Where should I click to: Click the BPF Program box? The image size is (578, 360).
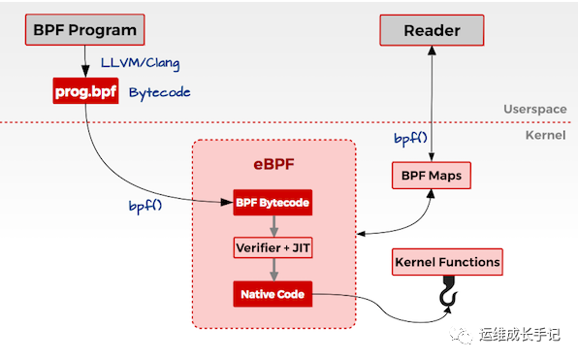84,30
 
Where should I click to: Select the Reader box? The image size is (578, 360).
432,30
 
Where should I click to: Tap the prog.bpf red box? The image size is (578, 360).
84,92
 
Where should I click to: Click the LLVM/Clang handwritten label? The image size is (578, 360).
141,64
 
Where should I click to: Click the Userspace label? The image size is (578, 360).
534,110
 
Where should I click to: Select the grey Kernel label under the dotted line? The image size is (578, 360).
545,134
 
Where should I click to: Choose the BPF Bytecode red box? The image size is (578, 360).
273,204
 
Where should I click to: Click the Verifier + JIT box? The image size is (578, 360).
273,247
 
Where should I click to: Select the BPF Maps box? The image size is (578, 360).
432,177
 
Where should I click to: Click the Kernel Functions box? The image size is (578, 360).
447,262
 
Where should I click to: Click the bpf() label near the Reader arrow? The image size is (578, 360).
411,139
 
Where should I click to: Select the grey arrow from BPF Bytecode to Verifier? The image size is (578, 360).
273,225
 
